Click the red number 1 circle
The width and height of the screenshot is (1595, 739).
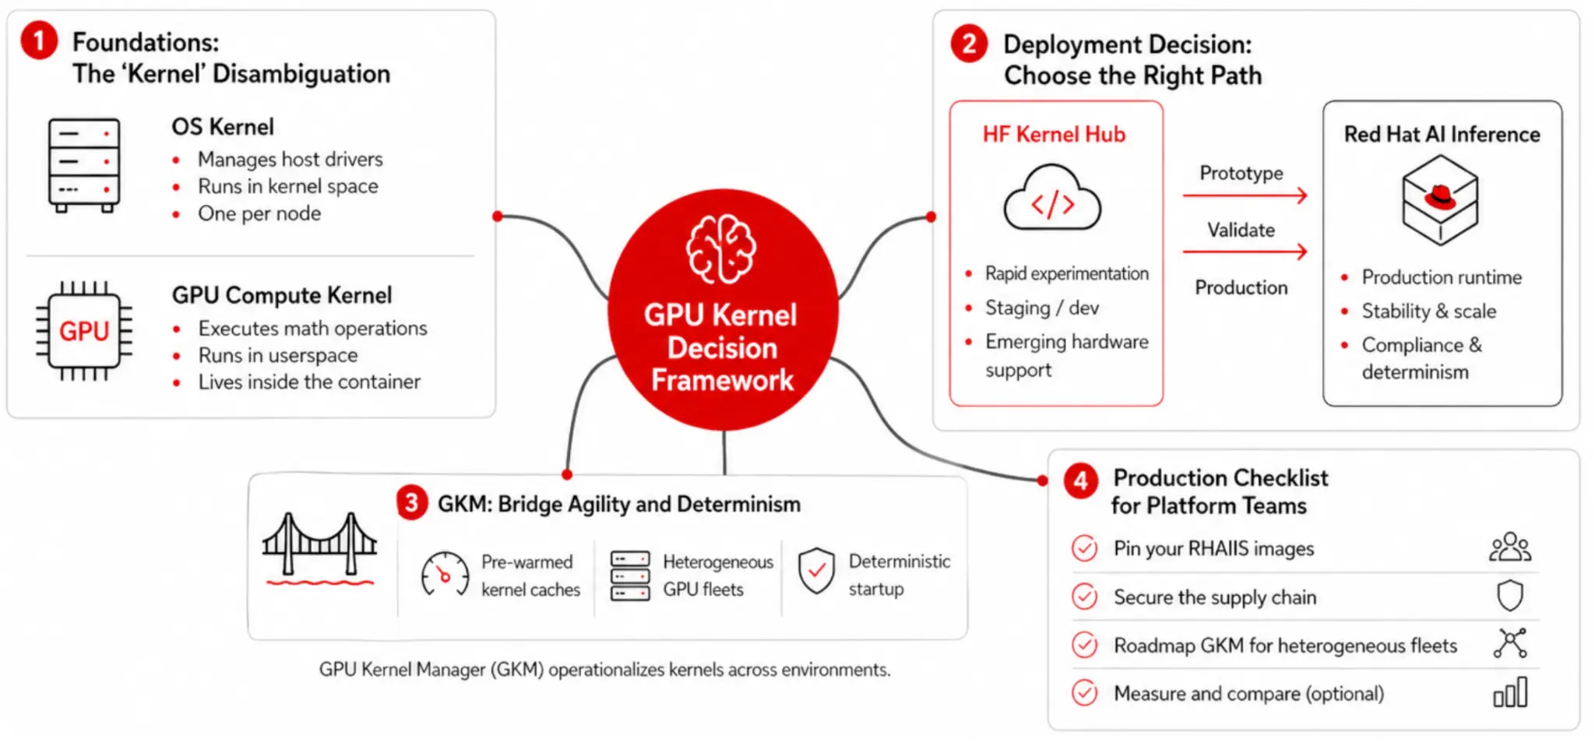pyautogui.click(x=39, y=40)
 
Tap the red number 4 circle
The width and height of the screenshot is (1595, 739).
pyautogui.click(x=1081, y=481)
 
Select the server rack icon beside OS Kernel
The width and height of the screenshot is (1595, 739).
pyautogui.click(x=84, y=165)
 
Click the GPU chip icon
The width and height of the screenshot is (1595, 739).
pyautogui.click(x=84, y=331)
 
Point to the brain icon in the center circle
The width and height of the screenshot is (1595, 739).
pyautogui.click(x=720, y=249)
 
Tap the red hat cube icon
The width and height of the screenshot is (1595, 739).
pyautogui.click(x=1440, y=199)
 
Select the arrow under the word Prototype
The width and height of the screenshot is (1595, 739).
pyautogui.click(x=1245, y=195)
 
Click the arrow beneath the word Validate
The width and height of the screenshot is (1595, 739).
pyautogui.click(x=1245, y=252)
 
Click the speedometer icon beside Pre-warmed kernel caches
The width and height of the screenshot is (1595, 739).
pyautogui.click(x=445, y=574)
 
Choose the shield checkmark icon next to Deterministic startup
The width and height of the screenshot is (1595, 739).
pyautogui.click(x=816, y=570)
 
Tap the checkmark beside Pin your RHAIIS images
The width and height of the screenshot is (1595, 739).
pyautogui.click(x=1084, y=548)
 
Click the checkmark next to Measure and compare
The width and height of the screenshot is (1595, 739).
pyautogui.click(x=1084, y=692)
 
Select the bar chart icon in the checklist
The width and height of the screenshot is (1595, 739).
pyautogui.click(x=1510, y=691)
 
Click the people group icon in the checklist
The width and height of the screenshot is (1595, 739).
pyautogui.click(x=1510, y=547)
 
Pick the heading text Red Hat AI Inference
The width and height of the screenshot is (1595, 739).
pyautogui.click(x=1442, y=134)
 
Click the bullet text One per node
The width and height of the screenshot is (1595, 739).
pyautogui.click(x=259, y=213)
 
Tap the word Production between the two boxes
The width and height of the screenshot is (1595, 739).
pyautogui.click(x=1241, y=287)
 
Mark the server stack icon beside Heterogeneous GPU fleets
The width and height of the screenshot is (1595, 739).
pyautogui.click(x=630, y=575)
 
